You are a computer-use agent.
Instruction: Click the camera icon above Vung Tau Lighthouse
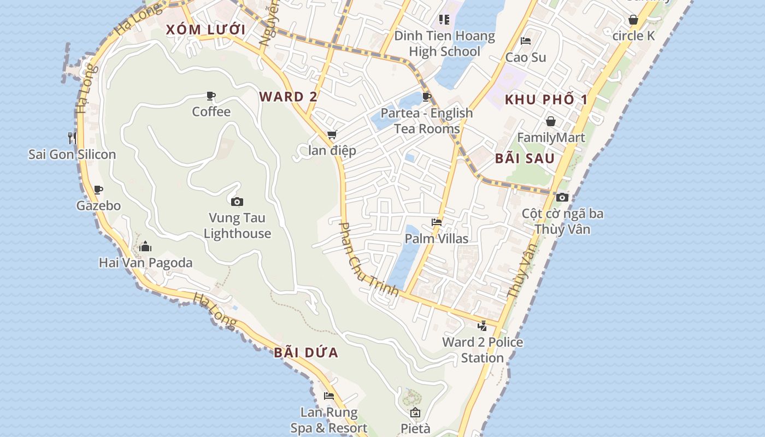coord(237,202)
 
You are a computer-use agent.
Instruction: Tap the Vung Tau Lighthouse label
coord(237,226)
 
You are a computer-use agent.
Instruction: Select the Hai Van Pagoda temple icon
coord(145,247)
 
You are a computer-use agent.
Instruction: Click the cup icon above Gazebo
coord(98,190)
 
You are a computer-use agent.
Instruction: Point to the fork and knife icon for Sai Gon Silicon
coord(72,138)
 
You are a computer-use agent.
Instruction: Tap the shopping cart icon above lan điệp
coord(332,135)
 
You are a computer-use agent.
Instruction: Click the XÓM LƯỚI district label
coord(205,29)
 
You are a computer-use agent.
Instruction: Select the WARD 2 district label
coord(288,97)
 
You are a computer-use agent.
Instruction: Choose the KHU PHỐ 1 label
coord(546,99)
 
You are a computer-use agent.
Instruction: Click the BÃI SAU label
coord(525,158)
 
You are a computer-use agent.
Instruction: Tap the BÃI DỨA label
coord(306,352)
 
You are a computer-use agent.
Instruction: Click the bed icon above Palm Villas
coord(436,222)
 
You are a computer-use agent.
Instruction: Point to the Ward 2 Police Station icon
coord(482,326)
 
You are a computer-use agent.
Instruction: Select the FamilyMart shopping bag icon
coord(551,121)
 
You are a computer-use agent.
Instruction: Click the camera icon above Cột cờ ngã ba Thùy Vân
coord(562,197)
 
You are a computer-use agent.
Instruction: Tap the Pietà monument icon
coord(415,412)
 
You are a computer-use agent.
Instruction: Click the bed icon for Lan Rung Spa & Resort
coord(328,396)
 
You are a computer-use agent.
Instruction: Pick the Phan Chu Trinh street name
coord(369,259)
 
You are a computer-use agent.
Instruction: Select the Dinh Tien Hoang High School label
coord(444,44)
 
